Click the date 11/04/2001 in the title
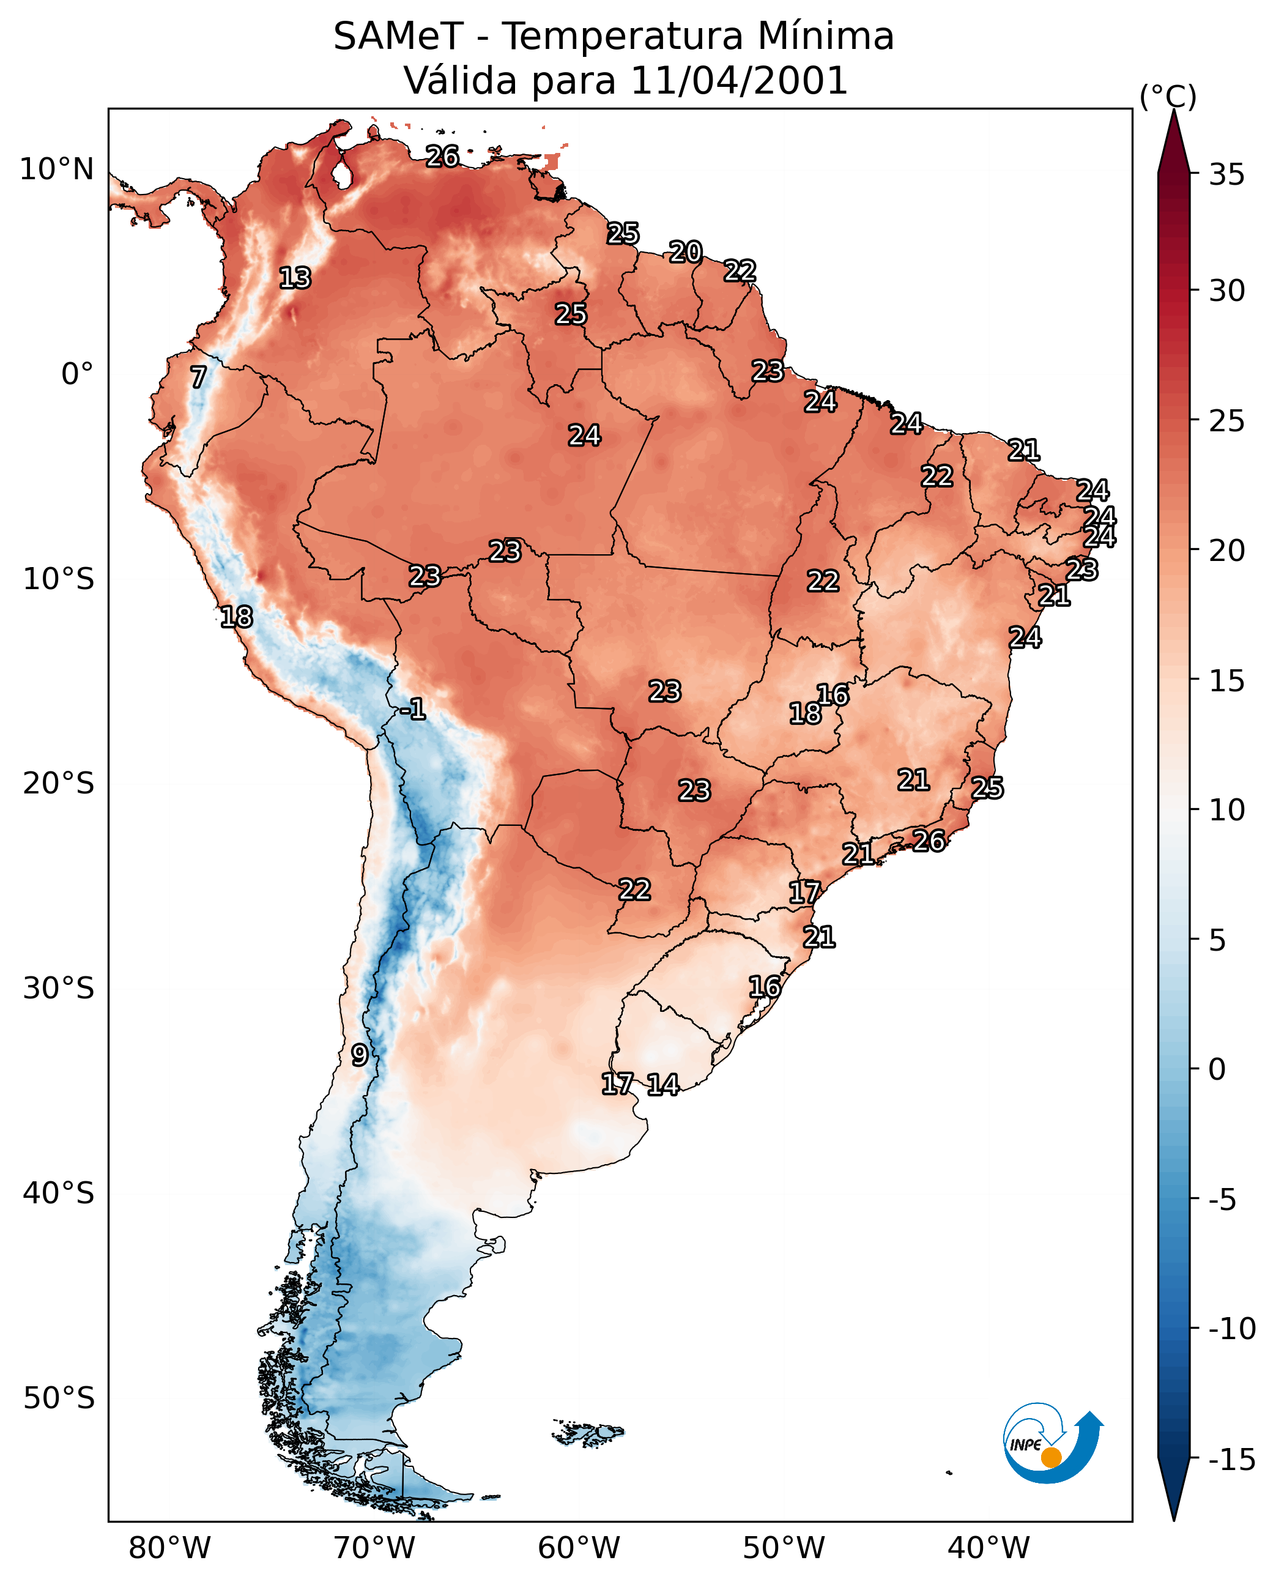[x=739, y=80]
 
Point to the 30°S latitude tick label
[x=59, y=989]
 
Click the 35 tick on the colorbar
[x=1226, y=175]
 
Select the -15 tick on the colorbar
[x=1233, y=1459]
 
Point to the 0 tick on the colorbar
[x=1217, y=1069]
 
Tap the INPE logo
[x=1053, y=1441]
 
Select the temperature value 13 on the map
[x=295, y=278]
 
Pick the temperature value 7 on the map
[x=198, y=377]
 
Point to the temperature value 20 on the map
[x=686, y=252]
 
